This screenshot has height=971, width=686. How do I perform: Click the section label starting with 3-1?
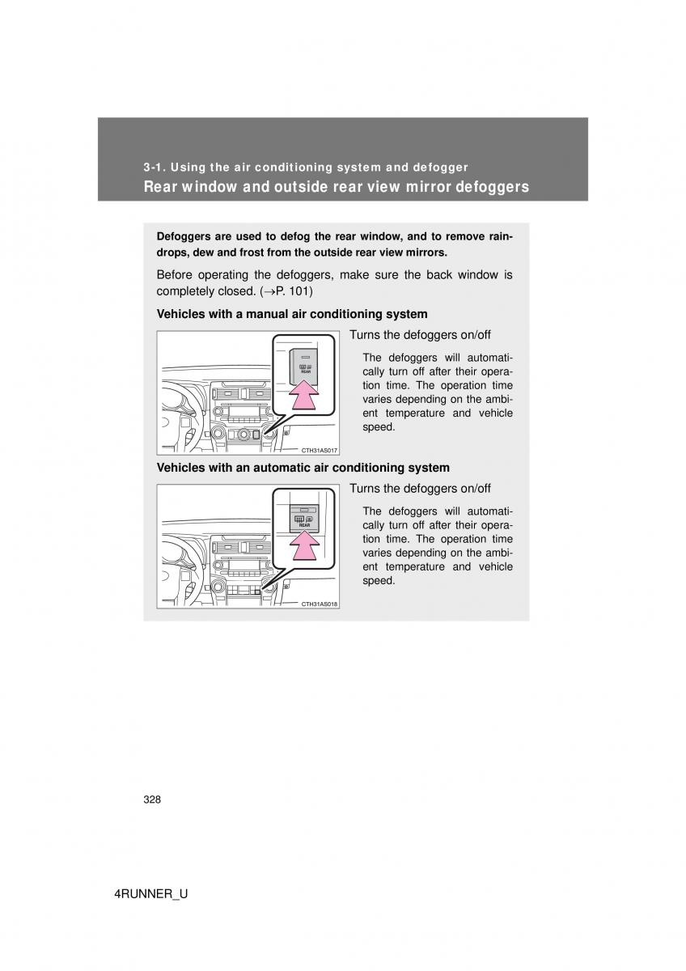point(306,167)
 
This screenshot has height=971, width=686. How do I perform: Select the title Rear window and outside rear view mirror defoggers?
point(336,187)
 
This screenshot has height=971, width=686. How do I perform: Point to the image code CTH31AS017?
point(320,451)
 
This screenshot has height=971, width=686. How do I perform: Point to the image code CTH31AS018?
point(320,604)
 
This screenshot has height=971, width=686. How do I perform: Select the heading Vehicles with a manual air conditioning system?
point(291,314)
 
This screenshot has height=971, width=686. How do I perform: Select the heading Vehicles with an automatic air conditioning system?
point(303,468)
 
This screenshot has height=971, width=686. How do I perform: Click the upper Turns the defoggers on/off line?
point(420,335)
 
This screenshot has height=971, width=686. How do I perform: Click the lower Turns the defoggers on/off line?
point(420,489)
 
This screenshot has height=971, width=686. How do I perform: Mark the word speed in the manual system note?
point(379,426)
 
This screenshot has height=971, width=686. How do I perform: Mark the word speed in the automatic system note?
point(379,580)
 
